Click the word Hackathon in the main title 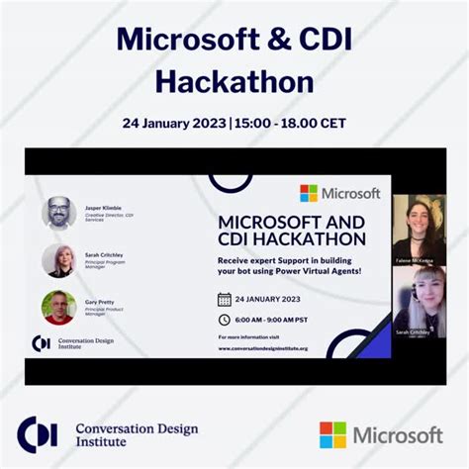pos(234,80)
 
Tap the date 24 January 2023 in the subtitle pos(173,124)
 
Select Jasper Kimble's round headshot pos(59,213)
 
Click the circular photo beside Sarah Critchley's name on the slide pos(59,260)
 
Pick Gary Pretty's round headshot pos(59,307)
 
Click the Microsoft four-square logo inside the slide pos(309,193)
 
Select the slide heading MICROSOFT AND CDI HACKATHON pos(291,230)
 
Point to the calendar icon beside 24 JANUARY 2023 pos(225,299)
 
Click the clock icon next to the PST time pos(225,320)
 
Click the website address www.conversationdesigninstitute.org pos(262,348)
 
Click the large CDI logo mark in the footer pos(37,433)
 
